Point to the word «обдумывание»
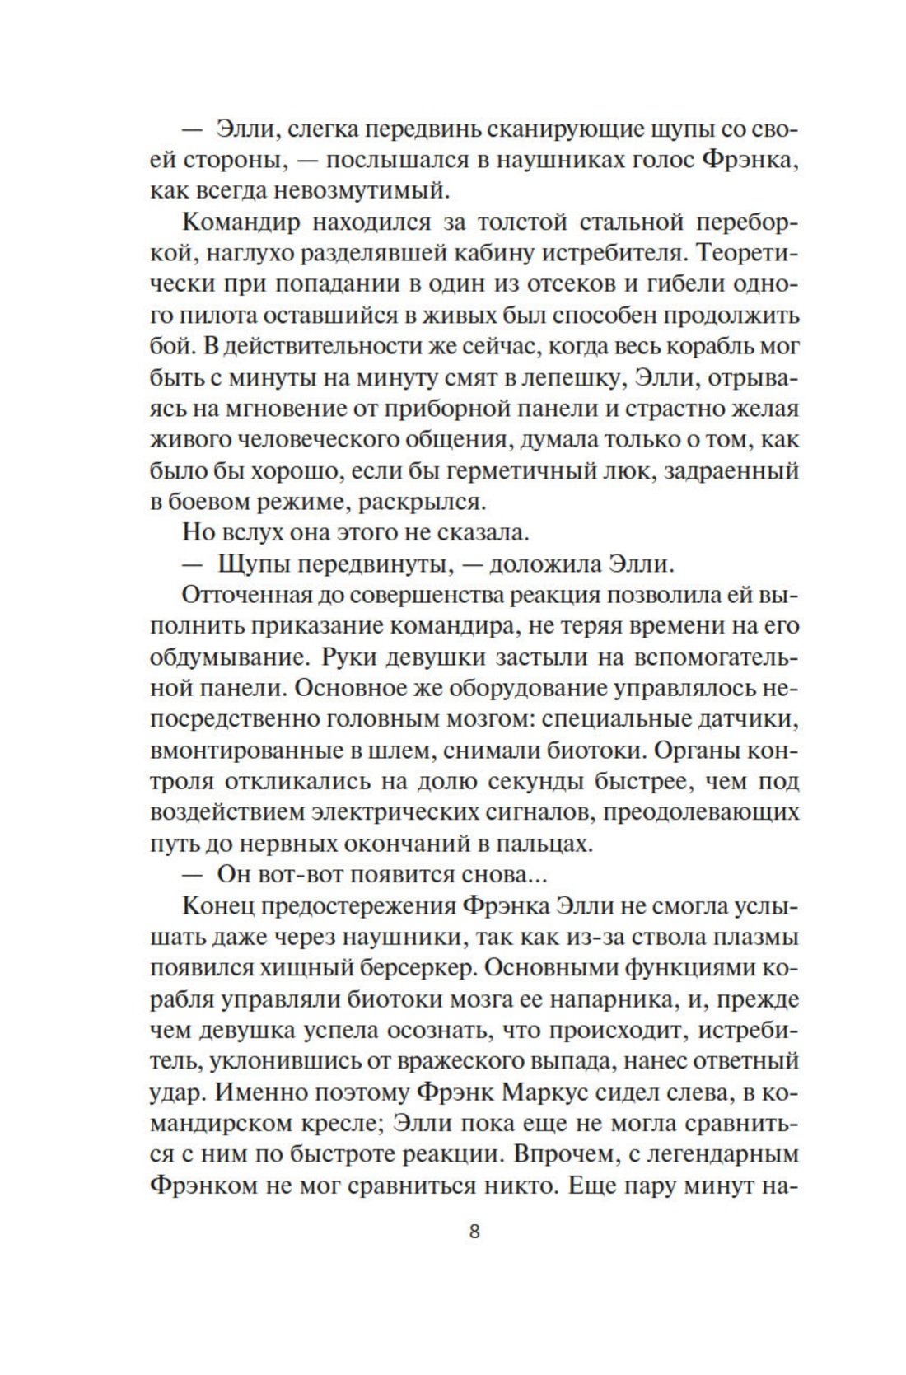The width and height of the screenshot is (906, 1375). pyautogui.click(x=226, y=657)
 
